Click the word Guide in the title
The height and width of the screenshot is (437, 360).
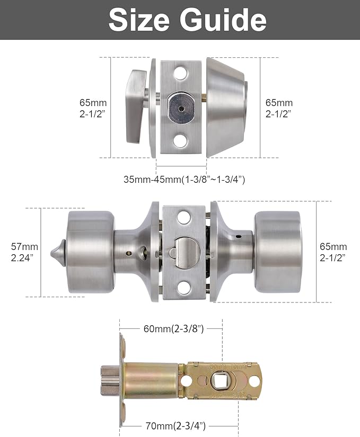pos(223,20)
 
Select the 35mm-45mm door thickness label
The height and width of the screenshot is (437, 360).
pos(184,180)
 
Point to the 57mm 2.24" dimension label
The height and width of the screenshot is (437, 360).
pos(24,252)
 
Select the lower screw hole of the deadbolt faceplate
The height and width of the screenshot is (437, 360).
pos(181,141)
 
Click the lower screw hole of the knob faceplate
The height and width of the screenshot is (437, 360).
pos(183,288)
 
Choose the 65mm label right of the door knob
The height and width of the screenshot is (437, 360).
pos(333,252)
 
